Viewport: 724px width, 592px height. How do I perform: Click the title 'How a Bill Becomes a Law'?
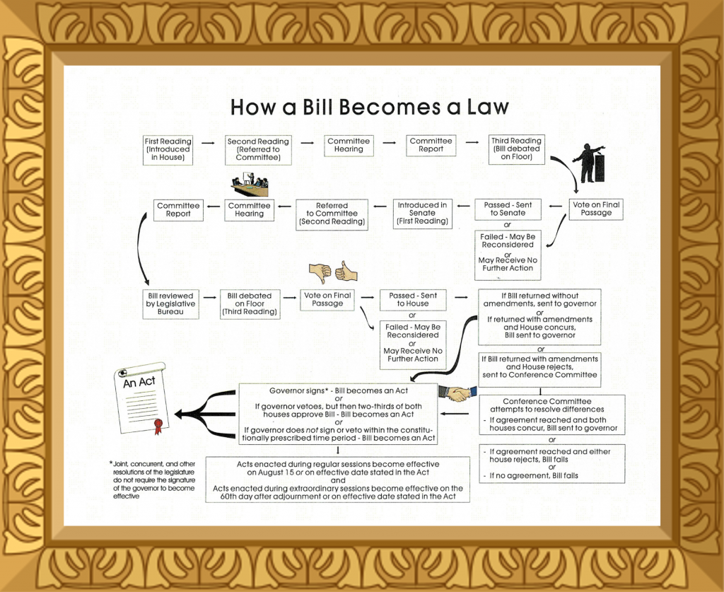click(370, 107)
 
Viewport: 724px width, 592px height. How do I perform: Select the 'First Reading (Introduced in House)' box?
click(168, 150)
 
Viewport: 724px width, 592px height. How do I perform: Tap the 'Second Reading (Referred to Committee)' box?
click(258, 150)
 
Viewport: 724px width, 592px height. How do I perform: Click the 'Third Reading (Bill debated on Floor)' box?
click(516, 149)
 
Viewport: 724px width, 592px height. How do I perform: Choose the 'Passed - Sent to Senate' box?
click(508, 209)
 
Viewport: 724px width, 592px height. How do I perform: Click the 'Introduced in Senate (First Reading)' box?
click(422, 213)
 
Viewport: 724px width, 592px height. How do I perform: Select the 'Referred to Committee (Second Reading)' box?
click(332, 214)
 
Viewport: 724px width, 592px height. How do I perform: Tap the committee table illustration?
click(250, 187)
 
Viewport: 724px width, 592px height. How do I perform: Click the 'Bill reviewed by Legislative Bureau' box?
click(170, 304)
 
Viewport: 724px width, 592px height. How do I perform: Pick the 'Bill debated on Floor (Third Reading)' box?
click(249, 304)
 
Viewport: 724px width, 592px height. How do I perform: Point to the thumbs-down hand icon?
click(320, 273)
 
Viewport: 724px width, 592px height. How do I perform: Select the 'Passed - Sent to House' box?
click(413, 299)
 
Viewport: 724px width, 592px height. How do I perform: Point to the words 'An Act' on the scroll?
click(139, 382)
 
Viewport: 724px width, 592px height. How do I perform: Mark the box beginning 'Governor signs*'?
click(338, 414)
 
